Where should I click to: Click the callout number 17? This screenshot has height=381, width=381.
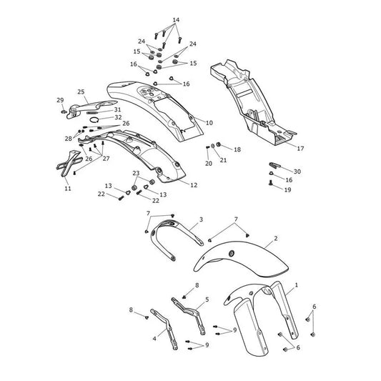(300, 148)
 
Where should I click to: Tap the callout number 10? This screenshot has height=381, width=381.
(209, 123)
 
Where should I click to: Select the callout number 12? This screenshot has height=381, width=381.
(194, 185)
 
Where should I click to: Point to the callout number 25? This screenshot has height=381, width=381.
(81, 91)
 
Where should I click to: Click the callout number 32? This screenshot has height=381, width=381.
(118, 117)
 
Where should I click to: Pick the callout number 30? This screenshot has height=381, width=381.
(297, 172)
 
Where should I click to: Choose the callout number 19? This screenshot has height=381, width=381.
(287, 189)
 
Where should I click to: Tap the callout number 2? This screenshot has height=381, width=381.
(275, 238)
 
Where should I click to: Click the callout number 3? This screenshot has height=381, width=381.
(201, 219)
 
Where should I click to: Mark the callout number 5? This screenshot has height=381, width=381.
(207, 300)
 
